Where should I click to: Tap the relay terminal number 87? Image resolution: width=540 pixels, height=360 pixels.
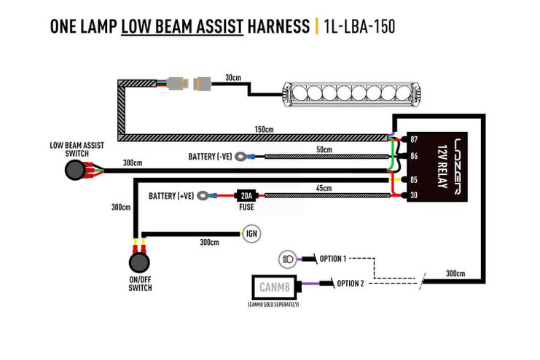click(x=413, y=139)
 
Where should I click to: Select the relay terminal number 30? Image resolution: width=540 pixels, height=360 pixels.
click(x=413, y=194)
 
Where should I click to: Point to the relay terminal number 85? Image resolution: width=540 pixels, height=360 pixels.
click(x=413, y=179)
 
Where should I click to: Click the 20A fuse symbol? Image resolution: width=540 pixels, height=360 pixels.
click(x=245, y=195)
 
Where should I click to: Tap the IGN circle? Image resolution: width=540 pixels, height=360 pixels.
click(x=250, y=234)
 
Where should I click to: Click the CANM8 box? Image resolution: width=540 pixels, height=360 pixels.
click(x=273, y=286)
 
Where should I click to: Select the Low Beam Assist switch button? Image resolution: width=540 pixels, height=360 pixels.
click(x=75, y=171)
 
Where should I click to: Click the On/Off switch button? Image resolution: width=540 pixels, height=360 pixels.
click(x=138, y=263)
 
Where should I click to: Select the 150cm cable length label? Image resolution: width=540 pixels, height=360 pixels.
click(x=264, y=130)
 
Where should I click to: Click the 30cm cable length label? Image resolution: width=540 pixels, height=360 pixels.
click(x=233, y=77)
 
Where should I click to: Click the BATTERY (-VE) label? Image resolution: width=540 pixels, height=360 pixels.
click(x=210, y=156)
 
